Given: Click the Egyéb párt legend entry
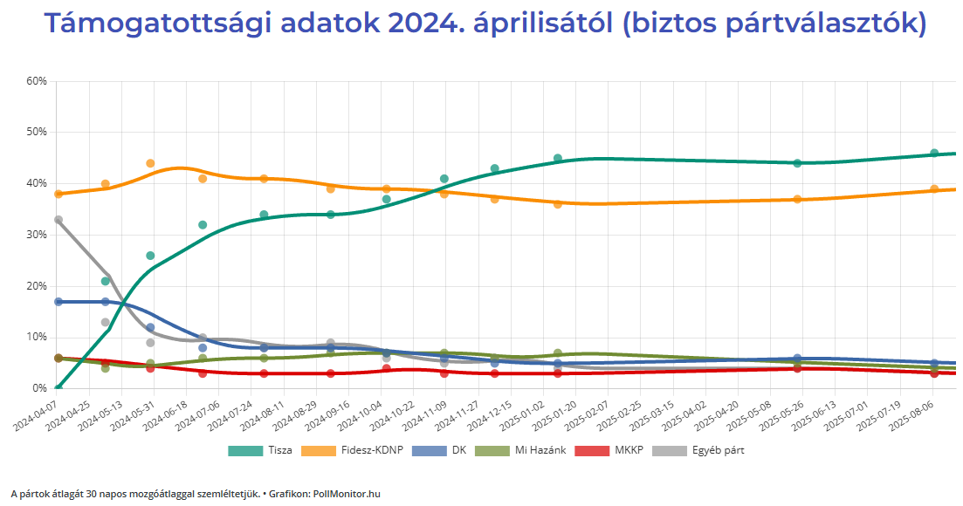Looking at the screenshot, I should click(x=699, y=451).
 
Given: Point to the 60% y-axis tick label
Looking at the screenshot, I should click(x=36, y=81).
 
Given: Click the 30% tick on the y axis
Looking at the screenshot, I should click(x=36, y=235).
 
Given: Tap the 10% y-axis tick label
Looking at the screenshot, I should click(x=36, y=338).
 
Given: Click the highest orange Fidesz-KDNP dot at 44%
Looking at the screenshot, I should click(x=150, y=163).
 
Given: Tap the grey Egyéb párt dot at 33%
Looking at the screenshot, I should click(x=58, y=220).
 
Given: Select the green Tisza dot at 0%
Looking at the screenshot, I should click(x=58, y=388).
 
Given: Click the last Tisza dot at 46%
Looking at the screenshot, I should click(x=933, y=153).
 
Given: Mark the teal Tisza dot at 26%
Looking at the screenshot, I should click(x=150, y=256).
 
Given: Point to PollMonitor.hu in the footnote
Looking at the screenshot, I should click(x=347, y=494).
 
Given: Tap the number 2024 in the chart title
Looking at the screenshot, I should click(x=425, y=24).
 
